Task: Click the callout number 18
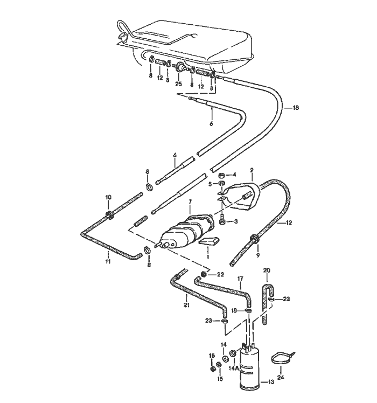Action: tap(295, 108)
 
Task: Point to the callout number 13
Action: tap(271, 383)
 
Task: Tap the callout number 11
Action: tap(108, 261)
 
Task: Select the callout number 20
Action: tap(267, 270)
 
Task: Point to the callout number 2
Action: tap(252, 170)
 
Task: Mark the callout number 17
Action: tap(241, 279)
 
